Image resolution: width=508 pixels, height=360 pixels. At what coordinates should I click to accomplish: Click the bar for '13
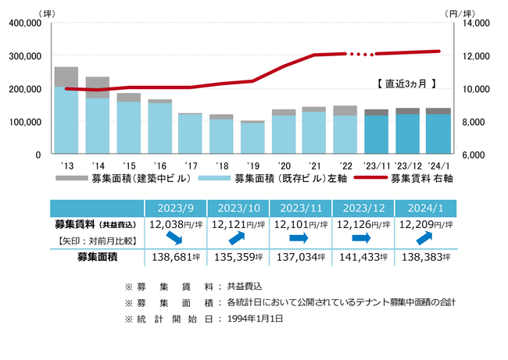(x=66, y=117)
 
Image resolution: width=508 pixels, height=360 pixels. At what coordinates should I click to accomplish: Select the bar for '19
(x=252, y=138)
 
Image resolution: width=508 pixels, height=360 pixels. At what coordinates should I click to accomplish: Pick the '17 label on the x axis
(x=190, y=166)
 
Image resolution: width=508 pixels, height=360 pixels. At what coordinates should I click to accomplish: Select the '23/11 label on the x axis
(x=376, y=166)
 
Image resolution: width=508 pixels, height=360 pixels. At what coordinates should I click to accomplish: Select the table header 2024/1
(x=425, y=209)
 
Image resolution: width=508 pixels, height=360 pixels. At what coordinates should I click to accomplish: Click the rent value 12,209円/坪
(x=425, y=224)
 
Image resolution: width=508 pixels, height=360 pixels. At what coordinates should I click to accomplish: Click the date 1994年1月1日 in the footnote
(x=257, y=319)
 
